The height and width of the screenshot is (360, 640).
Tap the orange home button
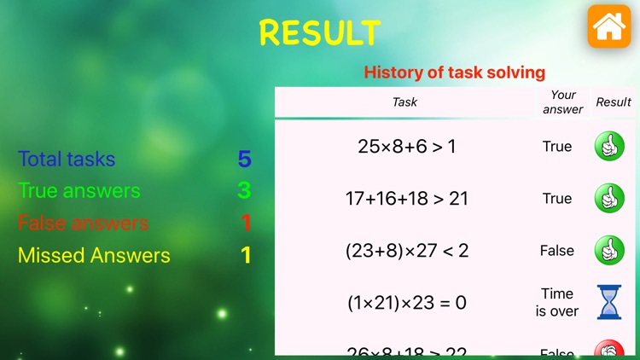[608, 26]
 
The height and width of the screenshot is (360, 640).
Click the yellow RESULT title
[320, 32]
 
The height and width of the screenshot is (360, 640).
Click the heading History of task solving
[454, 73]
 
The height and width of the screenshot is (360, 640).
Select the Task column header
[404, 102]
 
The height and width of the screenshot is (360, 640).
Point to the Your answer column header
[562, 102]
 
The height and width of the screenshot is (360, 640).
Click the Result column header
[614, 102]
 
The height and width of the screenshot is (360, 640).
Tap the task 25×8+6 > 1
[406, 146]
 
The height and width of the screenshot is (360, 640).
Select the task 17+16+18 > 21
[406, 199]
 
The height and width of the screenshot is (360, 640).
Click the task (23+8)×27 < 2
[407, 251]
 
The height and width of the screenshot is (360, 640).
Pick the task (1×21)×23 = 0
[407, 303]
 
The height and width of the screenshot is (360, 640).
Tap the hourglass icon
[609, 303]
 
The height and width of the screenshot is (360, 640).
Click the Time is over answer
[557, 303]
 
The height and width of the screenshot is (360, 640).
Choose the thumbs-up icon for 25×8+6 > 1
[609, 146]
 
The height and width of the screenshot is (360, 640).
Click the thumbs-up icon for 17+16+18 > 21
[609, 199]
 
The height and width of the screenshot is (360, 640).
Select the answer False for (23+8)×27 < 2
[557, 251]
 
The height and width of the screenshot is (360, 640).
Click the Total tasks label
[67, 159]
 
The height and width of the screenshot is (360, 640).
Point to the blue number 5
[245, 159]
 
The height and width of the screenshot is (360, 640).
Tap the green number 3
[245, 191]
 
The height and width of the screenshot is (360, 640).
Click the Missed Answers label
[94, 255]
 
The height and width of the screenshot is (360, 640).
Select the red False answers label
[83, 224]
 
